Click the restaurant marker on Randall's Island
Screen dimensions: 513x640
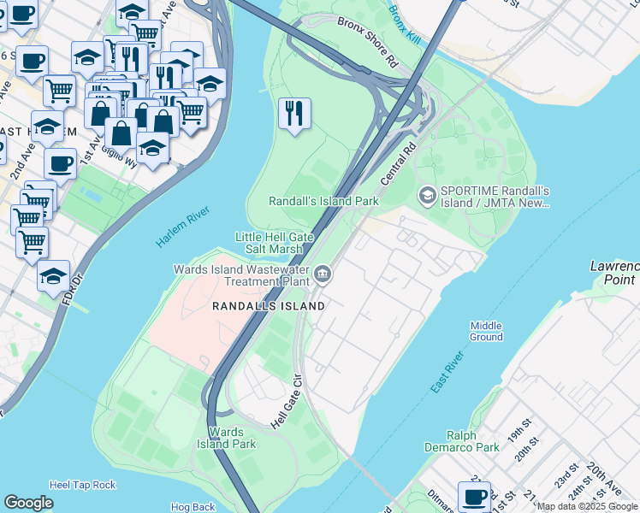tap(294, 114)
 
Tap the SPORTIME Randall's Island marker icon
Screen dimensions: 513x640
tap(426, 197)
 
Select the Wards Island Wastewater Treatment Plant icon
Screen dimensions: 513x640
tap(323, 274)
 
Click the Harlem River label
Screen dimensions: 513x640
tap(183, 227)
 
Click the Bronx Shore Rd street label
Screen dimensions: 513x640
tap(368, 44)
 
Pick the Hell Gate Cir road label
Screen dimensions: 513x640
tap(287, 402)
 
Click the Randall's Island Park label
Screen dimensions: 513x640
tap(323, 202)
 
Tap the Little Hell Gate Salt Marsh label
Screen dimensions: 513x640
tap(270, 243)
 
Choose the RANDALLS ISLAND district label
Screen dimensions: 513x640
tap(269, 305)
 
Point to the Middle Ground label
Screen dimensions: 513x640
tap(486, 331)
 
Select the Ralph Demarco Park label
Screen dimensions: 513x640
tap(461, 441)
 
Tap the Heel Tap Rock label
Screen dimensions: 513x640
tap(82, 485)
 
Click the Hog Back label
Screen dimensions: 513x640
tap(193, 507)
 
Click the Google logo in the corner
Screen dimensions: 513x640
tap(28, 503)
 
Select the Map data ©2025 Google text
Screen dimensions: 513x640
tap(587, 507)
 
